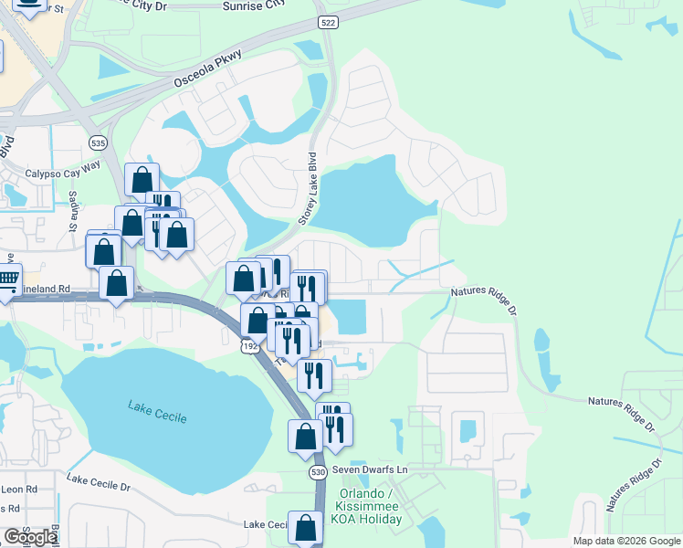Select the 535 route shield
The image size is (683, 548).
(97, 142)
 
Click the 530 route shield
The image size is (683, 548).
(318, 472)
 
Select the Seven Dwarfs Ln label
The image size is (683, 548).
(368, 469)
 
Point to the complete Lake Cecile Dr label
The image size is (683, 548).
(99, 483)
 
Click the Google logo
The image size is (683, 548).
(30, 537)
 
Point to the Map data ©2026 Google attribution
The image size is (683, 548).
(626, 541)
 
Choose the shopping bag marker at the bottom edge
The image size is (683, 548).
(305, 527)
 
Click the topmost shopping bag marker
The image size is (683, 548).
(142, 179)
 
